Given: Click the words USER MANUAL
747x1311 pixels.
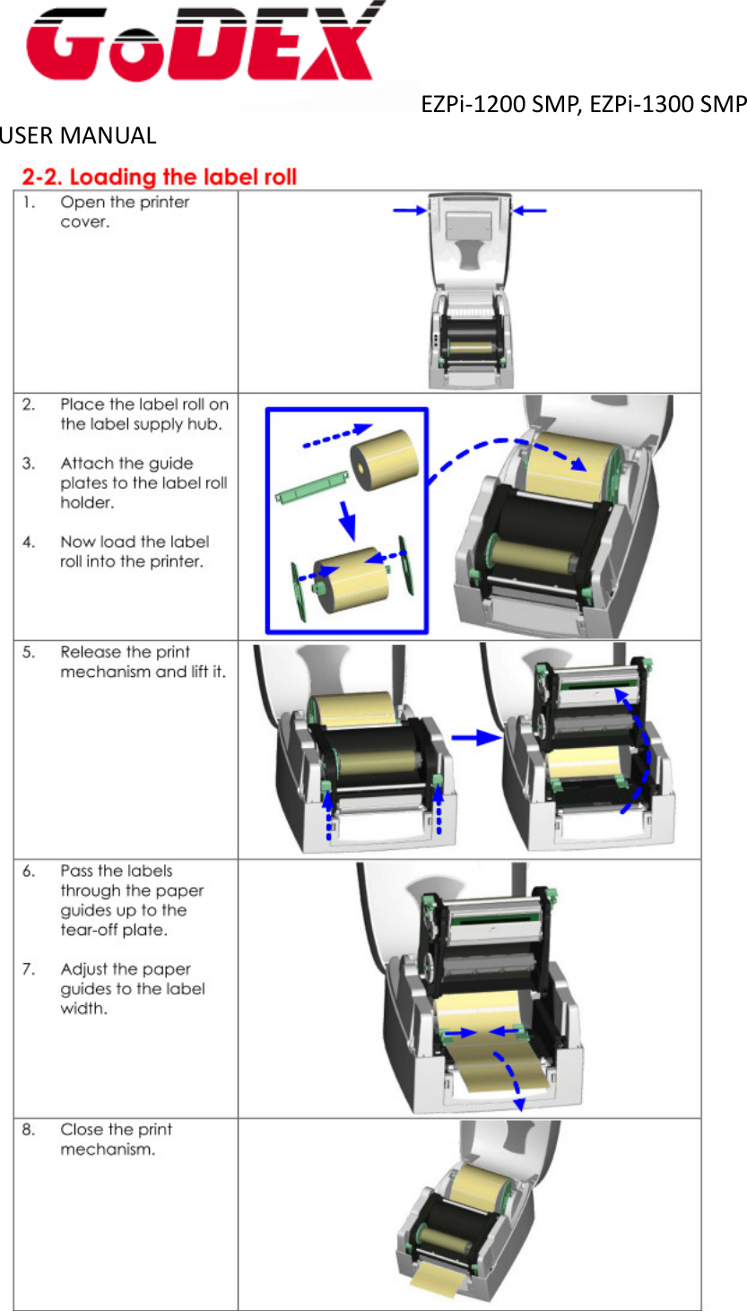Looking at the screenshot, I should [x=78, y=136].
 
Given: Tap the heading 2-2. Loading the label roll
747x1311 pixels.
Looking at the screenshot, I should [x=160, y=177].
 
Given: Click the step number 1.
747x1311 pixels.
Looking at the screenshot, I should [x=30, y=202].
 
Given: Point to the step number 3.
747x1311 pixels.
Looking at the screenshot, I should [x=30, y=464].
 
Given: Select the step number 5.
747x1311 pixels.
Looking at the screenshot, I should [x=30, y=652].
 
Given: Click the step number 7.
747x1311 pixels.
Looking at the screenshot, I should [x=30, y=969].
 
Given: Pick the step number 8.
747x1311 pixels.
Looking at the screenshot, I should [x=30, y=1130].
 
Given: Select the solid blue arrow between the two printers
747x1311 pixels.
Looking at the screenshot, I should [x=475, y=737].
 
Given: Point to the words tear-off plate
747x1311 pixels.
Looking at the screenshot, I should [x=113, y=930].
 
